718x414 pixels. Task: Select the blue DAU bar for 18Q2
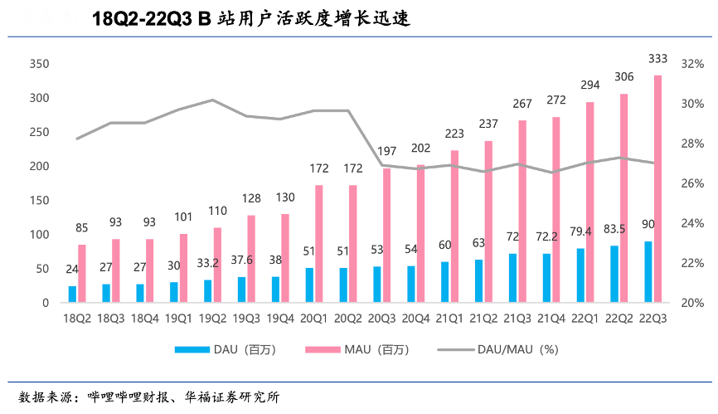[72, 295]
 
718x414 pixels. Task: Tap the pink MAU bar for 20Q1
[319, 244]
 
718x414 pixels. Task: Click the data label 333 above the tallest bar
[658, 58]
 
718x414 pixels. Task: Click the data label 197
[386, 151]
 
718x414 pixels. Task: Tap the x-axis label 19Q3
[246, 318]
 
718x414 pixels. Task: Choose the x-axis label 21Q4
[552, 318]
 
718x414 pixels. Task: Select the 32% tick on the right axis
[691, 64]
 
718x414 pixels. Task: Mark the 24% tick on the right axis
[691, 223]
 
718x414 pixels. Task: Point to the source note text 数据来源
[43, 396]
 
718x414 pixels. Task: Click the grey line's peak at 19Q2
[211, 100]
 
